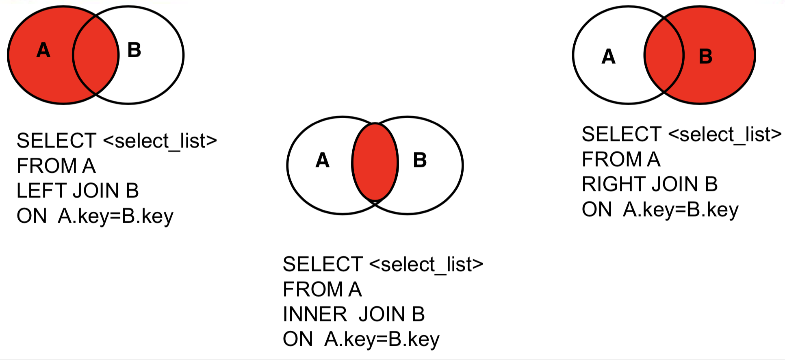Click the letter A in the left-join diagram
pyautogui.click(x=43, y=50)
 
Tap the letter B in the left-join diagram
pyautogui.click(x=134, y=50)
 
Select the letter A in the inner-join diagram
pyautogui.click(x=322, y=160)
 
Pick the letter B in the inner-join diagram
pyautogui.click(x=420, y=160)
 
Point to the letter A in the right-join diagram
pyautogui.click(x=608, y=56)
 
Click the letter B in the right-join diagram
pyautogui.click(x=705, y=56)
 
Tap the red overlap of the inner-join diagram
pyautogui.click(x=375, y=162)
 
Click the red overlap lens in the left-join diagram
pyautogui.click(x=96, y=54)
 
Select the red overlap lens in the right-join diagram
pyautogui.click(x=664, y=55)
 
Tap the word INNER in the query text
pyautogui.click(x=314, y=314)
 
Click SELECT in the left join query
pyautogui.click(x=56, y=141)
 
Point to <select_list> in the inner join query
pyautogui.click(x=426, y=265)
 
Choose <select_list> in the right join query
pyautogui.click(x=724, y=134)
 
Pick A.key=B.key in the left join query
pyautogui.click(x=115, y=216)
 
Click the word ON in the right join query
pyautogui.click(x=596, y=210)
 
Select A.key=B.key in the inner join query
pyautogui.click(x=382, y=339)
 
